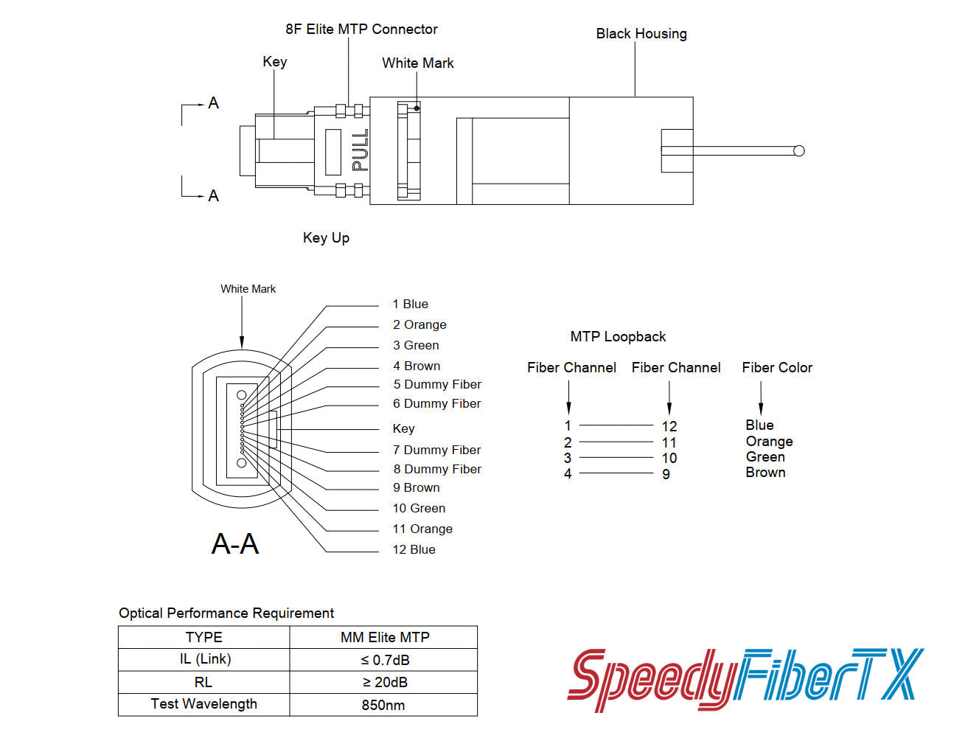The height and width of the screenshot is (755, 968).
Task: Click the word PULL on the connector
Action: pyautogui.click(x=360, y=151)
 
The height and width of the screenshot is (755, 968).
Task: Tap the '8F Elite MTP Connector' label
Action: pyautogui.click(x=361, y=29)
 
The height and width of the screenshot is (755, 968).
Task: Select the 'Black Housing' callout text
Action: pyautogui.click(x=641, y=34)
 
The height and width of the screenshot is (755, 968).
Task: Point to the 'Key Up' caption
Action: pyautogui.click(x=326, y=237)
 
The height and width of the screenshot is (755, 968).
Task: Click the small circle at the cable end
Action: pyautogui.click(x=798, y=151)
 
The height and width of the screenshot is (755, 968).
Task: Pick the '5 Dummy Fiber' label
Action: pyautogui.click(x=436, y=384)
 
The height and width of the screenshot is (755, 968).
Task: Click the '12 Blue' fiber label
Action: pyautogui.click(x=414, y=549)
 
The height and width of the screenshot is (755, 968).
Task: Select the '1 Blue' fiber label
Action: pyautogui.click(x=410, y=304)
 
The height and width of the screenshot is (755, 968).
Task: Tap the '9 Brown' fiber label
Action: pyautogui.click(x=416, y=487)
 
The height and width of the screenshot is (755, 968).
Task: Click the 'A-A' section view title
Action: pyautogui.click(x=235, y=544)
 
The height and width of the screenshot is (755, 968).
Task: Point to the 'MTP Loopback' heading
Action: pyautogui.click(x=618, y=337)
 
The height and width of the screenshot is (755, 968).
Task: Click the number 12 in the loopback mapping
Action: pyautogui.click(x=669, y=426)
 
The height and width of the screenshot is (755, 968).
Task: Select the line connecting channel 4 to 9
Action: pyautogui.click(x=616, y=473)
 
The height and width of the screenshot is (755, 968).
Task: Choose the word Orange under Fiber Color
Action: pyautogui.click(x=769, y=442)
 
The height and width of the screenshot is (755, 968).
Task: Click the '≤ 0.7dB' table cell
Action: pyautogui.click(x=383, y=660)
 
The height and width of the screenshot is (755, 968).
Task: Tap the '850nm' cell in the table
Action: pyautogui.click(x=383, y=705)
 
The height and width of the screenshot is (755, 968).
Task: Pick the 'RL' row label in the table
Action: pyautogui.click(x=203, y=682)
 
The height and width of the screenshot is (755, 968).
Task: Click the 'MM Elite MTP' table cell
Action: pyautogui.click(x=384, y=637)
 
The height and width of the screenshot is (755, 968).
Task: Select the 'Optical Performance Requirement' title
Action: pyautogui.click(x=226, y=613)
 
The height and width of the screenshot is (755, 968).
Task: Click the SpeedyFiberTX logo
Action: pyautogui.click(x=745, y=678)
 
